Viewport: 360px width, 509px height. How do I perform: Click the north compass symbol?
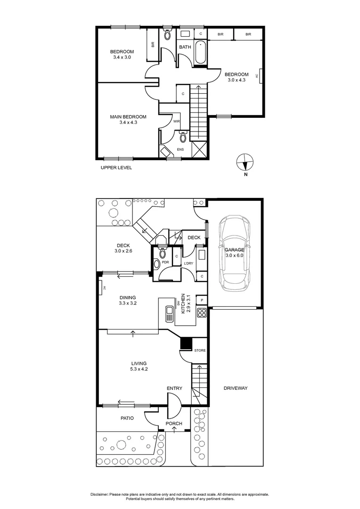pos(245,162)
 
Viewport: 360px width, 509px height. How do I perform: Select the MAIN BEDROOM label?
pos(128,117)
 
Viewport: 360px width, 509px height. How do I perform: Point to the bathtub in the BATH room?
pos(201,53)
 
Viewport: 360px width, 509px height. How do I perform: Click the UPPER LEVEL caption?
pos(116,168)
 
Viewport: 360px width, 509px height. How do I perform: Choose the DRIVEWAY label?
pos(236,388)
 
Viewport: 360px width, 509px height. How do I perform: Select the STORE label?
pos(200,351)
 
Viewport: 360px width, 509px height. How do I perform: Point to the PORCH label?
pos(174,424)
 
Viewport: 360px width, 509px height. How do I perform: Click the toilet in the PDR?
pos(163,254)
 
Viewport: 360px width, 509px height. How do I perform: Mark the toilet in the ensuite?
pos(183,138)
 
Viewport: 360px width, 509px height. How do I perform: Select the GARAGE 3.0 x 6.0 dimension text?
pos(234,255)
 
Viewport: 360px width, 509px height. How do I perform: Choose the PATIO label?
pos(127,418)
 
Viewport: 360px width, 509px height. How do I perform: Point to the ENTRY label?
pos(174,388)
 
